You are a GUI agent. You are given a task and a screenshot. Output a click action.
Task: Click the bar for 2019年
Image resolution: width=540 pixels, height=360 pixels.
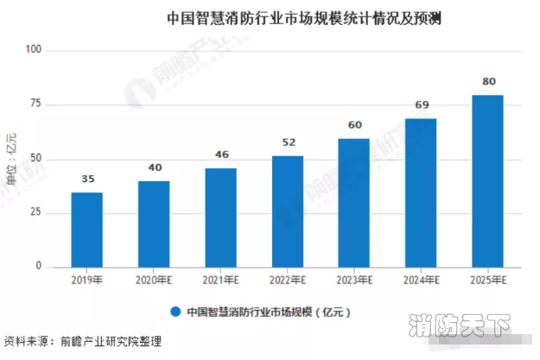tap(86, 230)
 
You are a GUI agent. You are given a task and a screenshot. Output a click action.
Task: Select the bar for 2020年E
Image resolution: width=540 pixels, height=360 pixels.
tap(154, 224)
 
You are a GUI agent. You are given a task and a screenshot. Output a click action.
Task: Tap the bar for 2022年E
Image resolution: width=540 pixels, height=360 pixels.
tap(288, 211)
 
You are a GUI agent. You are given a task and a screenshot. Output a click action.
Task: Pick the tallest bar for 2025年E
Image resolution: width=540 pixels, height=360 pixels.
tap(488, 180)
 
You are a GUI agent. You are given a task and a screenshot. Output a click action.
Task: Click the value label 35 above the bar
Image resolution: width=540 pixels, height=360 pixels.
tap(86, 180)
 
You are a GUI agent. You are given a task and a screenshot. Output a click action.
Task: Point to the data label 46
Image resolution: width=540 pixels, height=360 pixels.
tap(220, 156)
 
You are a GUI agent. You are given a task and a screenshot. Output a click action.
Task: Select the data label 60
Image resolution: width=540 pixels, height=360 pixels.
tap(354, 126)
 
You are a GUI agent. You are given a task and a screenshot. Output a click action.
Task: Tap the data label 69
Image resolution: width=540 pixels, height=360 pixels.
tap(421, 106)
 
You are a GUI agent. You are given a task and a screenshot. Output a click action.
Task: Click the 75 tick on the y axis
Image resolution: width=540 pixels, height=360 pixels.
tap(35, 105)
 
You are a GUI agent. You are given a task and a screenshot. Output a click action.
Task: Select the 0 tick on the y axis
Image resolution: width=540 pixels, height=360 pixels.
tap(38, 267)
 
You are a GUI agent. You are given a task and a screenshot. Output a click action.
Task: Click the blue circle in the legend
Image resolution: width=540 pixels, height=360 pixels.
tap(175, 311)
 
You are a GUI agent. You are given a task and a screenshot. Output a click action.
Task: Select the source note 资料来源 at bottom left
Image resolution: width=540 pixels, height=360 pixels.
tap(83, 341)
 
